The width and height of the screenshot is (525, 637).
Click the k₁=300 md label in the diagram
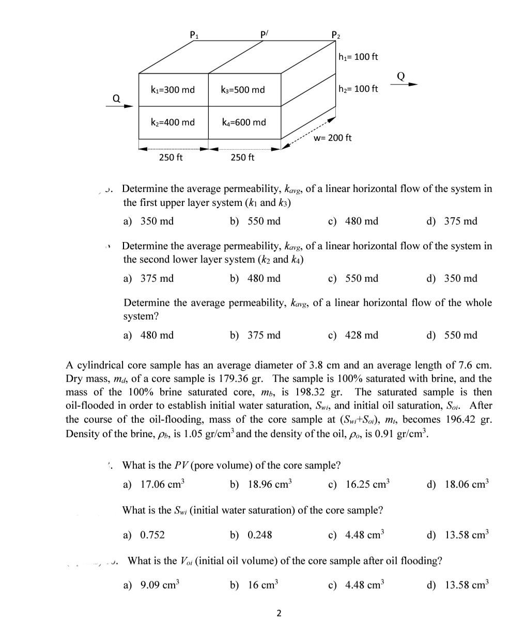click(x=173, y=90)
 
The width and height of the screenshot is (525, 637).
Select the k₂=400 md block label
click(x=173, y=122)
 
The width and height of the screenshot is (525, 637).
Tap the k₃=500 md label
click(x=242, y=90)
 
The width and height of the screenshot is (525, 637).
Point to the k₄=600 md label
click(x=243, y=122)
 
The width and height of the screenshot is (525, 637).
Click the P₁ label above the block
click(x=194, y=36)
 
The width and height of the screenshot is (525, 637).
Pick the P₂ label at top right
click(x=335, y=36)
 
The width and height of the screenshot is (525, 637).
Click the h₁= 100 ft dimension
click(x=358, y=56)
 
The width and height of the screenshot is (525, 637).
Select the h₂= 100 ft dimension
click(x=358, y=89)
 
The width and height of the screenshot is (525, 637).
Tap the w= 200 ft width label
click(x=333, y=138)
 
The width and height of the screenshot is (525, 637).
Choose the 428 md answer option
click(x=361, y=336)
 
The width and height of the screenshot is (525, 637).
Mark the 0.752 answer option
click(x=152, y=535)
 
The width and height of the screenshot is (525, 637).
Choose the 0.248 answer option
click(x=260, y=535)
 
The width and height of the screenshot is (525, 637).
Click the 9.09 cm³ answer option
click(x=160, y=585)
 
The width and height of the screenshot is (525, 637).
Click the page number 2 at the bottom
click(x=279, y=613)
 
